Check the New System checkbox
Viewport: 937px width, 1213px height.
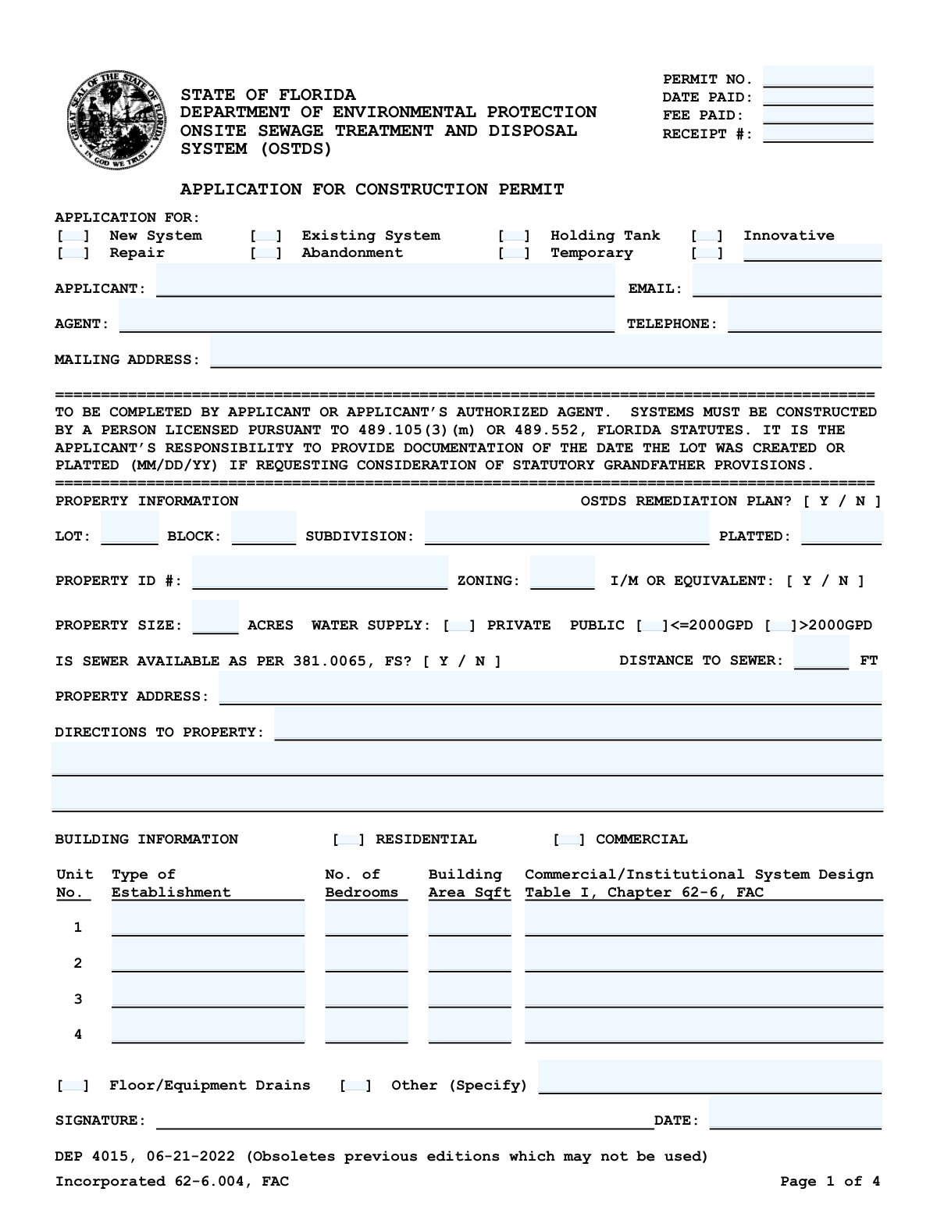pyautogui.click(x=73, y=236)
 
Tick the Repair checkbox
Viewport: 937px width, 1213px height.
pyautogui.click(x=73, y=253)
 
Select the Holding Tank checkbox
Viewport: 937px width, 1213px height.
pyautogui.click(x=514, y=236)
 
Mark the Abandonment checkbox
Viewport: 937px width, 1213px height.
pyautogui.click(x=266, y=253)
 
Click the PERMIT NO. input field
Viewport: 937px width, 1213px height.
pyautogui.click(x=818, y=77)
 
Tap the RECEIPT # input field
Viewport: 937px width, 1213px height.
pyautogui.click(x=818, y=134)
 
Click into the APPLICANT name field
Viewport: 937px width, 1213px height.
pyautogui.click(x=385, y=280)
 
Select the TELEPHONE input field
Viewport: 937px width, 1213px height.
pyautogui.click(x=804, y=316)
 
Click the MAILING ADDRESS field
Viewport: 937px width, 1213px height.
pyautogui.click(x=545, y=351)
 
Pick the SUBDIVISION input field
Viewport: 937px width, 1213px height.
pyautogui.click(x=567, y=528)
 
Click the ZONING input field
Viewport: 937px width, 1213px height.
pyautogui.click(x=561, y=573)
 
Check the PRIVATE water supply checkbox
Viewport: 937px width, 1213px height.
pyautogui.click(x=459, y=626)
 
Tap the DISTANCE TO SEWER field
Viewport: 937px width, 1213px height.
pyautogui.click(x=821, y=653)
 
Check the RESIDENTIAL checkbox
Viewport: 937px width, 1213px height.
pyautogui.click(x=348, y=840)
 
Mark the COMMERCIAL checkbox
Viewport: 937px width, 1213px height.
pyautogui.click(x=568, y=840)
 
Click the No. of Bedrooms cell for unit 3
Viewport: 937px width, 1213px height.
pyautogui.click(x=366, y=991)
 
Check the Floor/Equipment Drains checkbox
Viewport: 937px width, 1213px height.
pyautogui.click(x=73, y=1086)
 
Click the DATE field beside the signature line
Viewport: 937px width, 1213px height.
pyautogui.click(x=795, y=1113)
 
